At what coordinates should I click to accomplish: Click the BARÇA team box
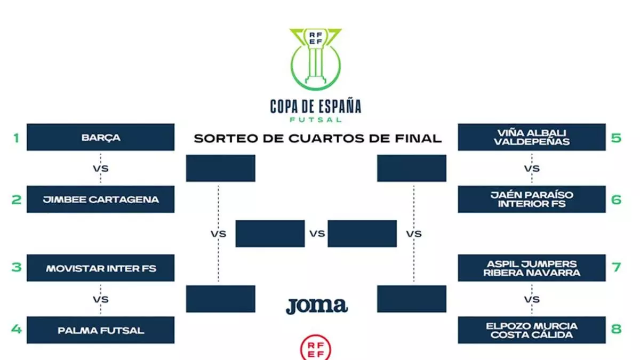(x=100, y=138)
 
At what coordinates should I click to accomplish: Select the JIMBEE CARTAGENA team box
(x=100, y=199)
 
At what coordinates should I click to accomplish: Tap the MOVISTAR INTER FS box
(x=100, y=268)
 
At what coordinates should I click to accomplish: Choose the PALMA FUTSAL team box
(x=100, y=330)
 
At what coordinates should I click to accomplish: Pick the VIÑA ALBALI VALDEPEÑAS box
(x=532, y=137)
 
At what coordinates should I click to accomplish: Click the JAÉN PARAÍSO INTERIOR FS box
(x=532, y=199)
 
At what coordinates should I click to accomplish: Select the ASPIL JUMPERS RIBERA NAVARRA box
(x=532, y=268)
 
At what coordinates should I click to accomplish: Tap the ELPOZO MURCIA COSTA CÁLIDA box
(x=532, y=330)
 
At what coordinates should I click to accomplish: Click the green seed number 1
(x=17, y=138)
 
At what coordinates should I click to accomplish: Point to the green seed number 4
(x=17, y=329)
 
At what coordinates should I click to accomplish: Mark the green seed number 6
(x=617, y=199)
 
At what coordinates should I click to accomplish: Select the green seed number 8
(x=617, y=329)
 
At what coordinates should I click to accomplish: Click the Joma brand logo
(x=316, y=306)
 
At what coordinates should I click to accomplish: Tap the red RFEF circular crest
(x=316, y=348)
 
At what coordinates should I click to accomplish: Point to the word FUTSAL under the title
(x=316, y=120)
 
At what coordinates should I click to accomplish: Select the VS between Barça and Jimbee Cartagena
(x=100, y=168)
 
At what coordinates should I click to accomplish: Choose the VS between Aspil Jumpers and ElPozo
(x=532, y=299)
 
